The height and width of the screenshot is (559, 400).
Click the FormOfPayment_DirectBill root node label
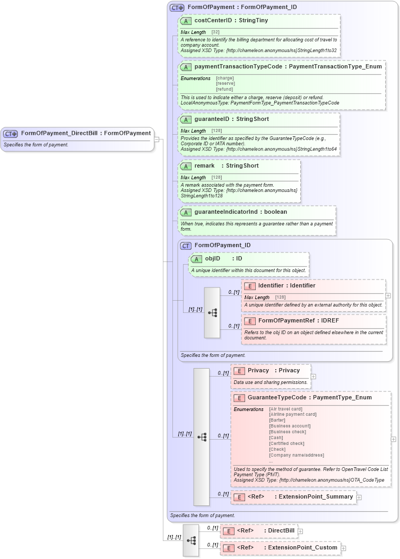[x=58, y=133]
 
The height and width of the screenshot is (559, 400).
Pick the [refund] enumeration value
[x=225, y=89]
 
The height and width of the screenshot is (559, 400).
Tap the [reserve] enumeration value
[x=225, y=84]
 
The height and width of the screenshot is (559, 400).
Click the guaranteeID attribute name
[x=212, y=119]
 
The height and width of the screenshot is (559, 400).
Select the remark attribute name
[x=204, y=166]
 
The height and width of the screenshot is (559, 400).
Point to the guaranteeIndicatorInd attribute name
[x=225, y=212]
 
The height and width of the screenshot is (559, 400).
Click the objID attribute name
[x=213, y=259]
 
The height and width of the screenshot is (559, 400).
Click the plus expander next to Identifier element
[x=388, y=296]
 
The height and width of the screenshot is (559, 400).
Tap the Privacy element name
[x=258, y=371]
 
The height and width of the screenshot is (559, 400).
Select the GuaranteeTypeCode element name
[x=276, y=397]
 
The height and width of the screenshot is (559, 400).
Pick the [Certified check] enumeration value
[x=286, y=443]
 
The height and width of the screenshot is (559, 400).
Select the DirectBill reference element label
[x=281, y=530]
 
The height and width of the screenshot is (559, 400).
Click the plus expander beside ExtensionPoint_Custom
[x=344, y=548]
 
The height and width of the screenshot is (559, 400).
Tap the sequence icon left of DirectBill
[x=191, y=540]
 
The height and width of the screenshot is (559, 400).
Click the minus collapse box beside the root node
[x=157, y=139]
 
